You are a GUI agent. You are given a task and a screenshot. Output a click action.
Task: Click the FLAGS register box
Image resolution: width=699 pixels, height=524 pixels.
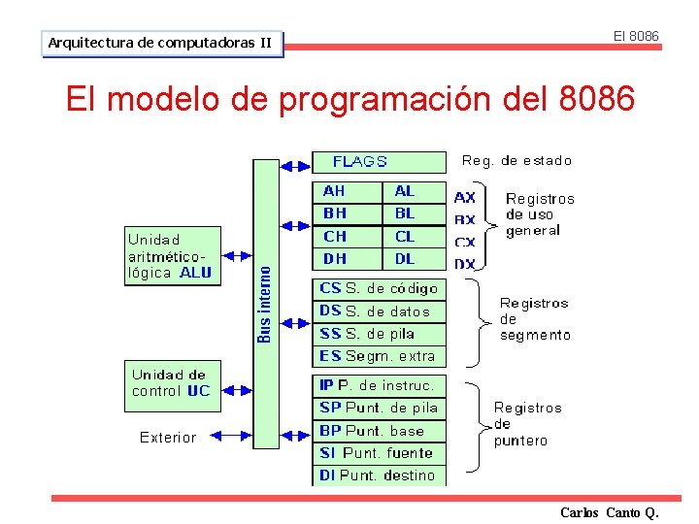[379, 162]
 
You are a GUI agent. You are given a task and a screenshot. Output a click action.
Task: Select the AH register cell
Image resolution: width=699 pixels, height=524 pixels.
[347, 192]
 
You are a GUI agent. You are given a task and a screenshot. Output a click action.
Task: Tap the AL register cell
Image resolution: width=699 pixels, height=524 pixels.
[415, 192]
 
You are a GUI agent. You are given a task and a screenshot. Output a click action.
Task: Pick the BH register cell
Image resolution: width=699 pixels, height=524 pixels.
[347, 213]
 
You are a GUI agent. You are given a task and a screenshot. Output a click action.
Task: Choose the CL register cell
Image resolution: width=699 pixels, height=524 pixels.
[415, 236]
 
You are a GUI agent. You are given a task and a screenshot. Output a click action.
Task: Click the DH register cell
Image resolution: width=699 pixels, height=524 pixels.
[347, 259]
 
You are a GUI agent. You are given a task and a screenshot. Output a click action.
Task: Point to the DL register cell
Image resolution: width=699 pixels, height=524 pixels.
[415, 259]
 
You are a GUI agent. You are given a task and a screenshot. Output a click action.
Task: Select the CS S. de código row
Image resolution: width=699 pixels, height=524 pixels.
[379, 288]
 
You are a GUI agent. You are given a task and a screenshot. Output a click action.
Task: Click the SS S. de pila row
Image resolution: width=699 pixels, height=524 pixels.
[379, 334]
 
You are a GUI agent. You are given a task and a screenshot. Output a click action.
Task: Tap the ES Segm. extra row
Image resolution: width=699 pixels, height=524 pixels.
[379, 356]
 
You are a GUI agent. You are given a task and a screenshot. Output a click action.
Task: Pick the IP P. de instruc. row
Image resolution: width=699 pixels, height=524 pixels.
[379, 385]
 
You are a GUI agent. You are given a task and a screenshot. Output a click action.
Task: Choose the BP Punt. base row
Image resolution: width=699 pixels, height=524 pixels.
[379, 431]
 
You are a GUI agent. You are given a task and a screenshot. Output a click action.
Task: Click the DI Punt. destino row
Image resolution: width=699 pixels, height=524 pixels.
[379, 475]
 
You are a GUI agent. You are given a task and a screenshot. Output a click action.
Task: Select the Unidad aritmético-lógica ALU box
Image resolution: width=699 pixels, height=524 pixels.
[171, 256]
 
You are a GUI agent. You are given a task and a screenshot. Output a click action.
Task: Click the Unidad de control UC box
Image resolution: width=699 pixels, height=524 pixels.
[171, 383]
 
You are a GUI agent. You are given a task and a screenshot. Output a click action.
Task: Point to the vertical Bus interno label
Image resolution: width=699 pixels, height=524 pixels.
[264, 304]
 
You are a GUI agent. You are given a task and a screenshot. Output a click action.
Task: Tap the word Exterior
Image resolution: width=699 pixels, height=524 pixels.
[168, 438]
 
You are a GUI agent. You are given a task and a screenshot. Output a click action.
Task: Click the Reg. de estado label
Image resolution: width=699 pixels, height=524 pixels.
[516, 161]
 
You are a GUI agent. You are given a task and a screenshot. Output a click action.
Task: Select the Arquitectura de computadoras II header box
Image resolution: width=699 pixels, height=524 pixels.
[162, 44]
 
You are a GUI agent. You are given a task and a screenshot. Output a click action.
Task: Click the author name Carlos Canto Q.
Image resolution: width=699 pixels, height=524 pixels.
[609, 512]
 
